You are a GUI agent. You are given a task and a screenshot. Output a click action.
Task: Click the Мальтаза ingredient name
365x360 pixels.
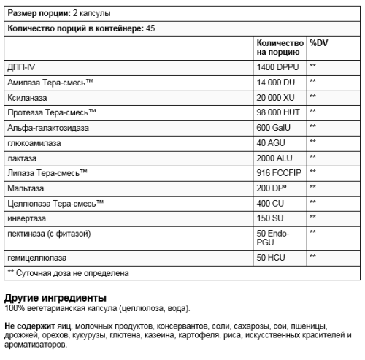pos(26,189)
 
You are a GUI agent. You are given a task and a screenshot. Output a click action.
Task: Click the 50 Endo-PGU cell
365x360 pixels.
pos(274,238)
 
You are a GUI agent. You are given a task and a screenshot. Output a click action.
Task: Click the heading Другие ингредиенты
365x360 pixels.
pos(55,298)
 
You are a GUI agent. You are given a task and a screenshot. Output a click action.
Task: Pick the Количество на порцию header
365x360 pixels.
pos(280,47)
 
